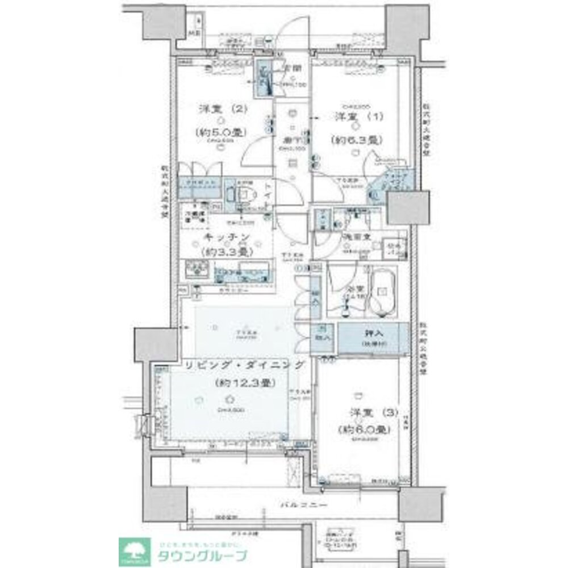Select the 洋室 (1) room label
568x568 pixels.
tap(358, 117)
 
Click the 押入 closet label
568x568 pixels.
tap(373, 333)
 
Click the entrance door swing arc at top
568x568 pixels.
tap(295, 31)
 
